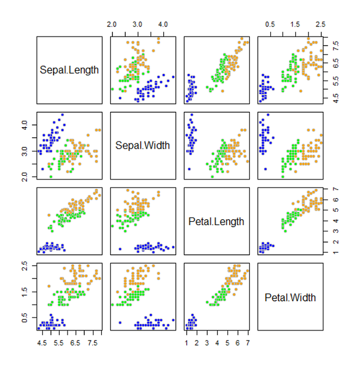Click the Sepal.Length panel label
[x=69, y=69]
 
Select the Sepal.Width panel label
[x=143, y=145]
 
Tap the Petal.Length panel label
[x=216, y=221]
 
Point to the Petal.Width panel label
[x=290, y=297]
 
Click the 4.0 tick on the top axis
[x=163, y=25]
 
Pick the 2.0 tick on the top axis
[x=111, y=25]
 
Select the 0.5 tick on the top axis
[x=270, y=25]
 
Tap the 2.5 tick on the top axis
[x=320, y=25]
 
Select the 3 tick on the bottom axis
[x=207, y=343]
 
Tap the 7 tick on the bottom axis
[x=248, y=343]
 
